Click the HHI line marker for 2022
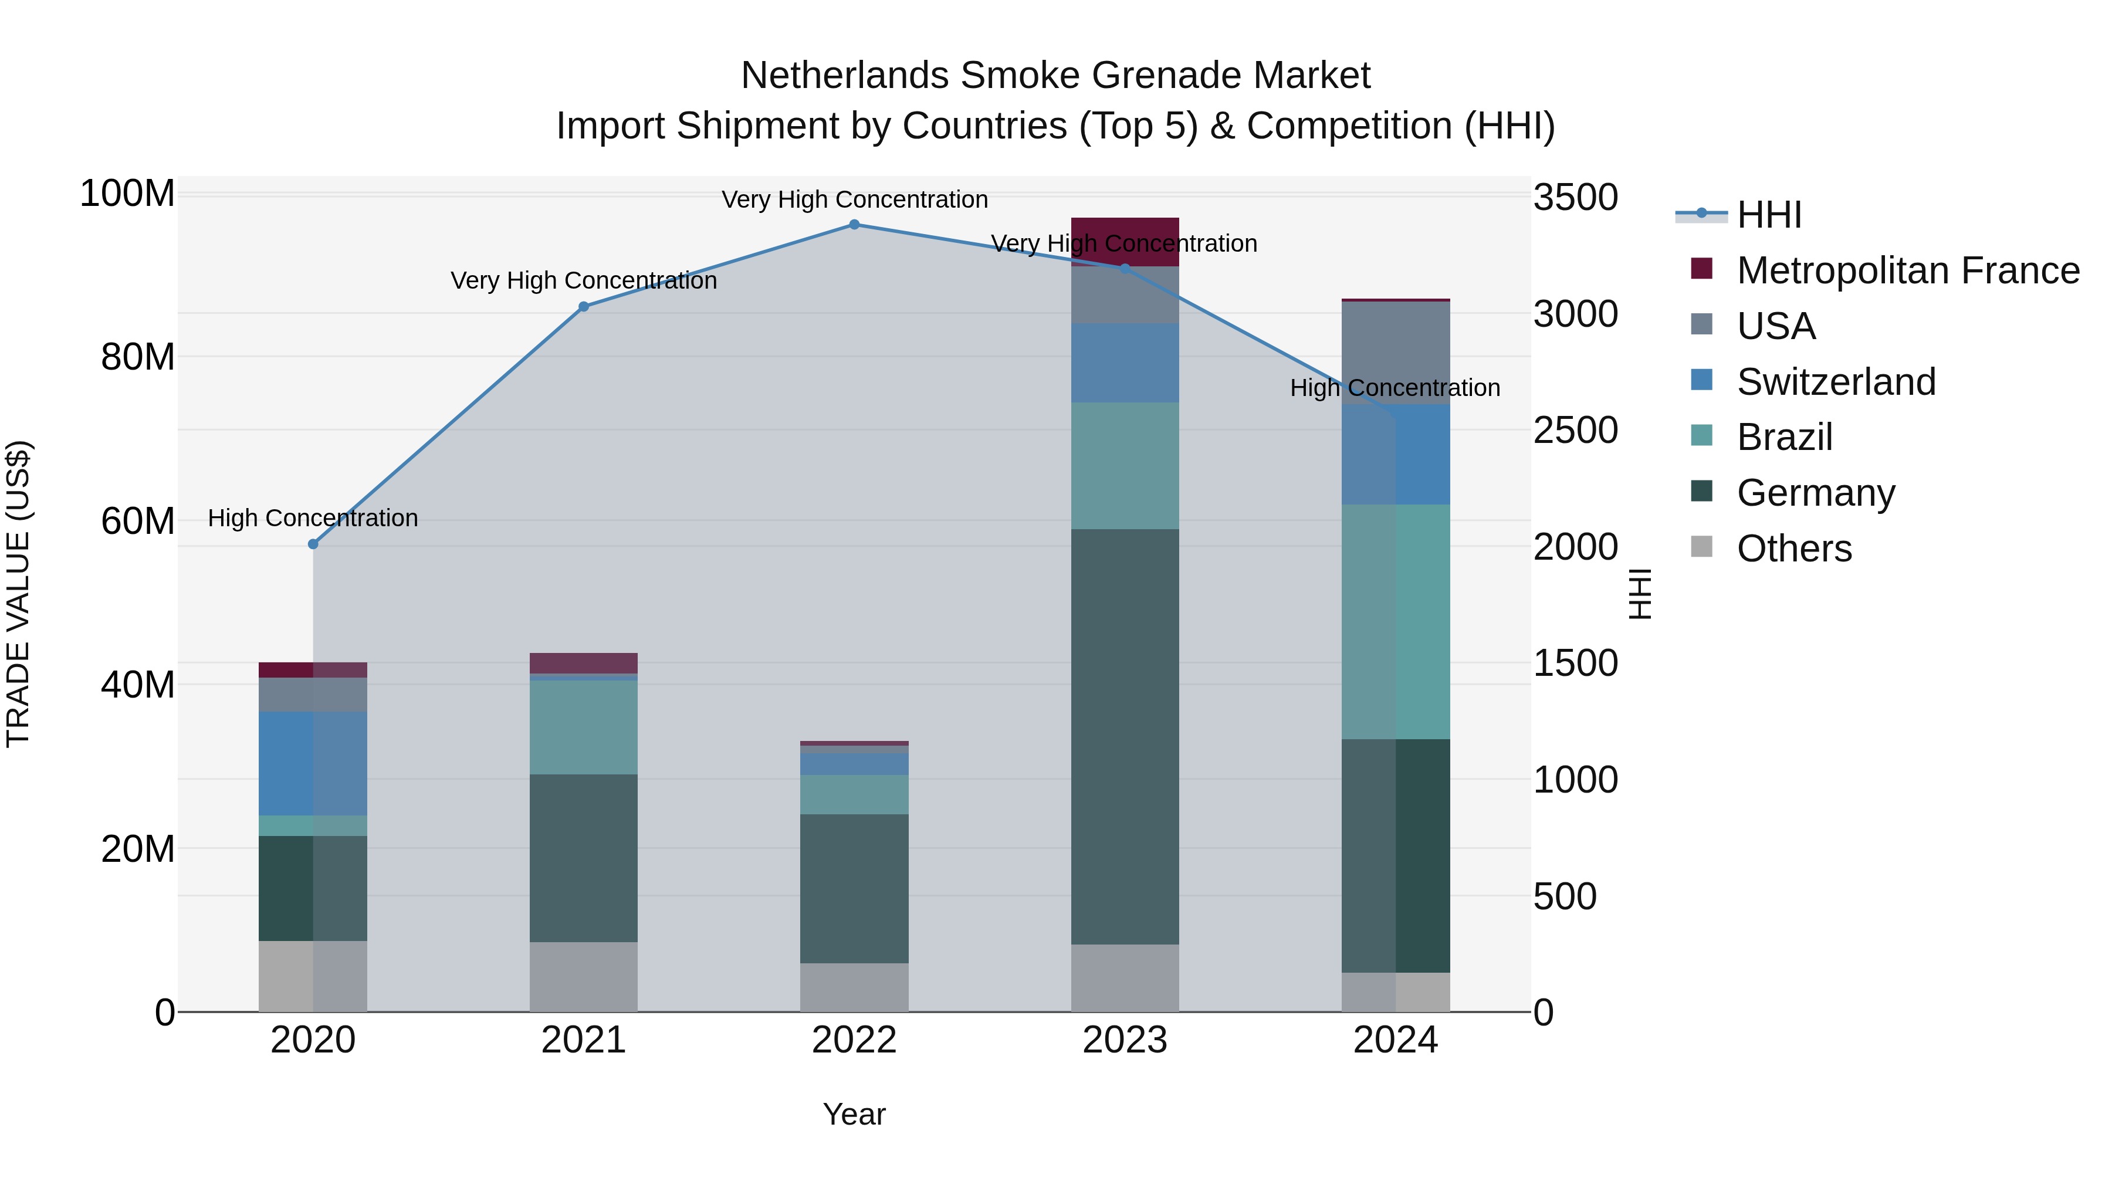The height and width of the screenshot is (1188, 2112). coord(854,225)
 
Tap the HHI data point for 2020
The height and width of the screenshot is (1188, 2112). coord(313,544)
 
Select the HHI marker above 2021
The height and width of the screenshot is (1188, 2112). coord(584,307)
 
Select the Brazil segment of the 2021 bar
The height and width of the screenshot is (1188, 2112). coord(584,727)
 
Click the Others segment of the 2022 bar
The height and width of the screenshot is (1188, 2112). coord(854,987)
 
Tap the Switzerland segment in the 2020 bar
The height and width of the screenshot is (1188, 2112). coord(313,763)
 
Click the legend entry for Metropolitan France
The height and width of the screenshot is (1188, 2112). coord(1908,270)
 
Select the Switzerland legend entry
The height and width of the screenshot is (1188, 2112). coord(1836,382)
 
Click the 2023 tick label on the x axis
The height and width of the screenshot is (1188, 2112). coord(1125,1040)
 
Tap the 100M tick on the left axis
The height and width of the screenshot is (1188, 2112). coord(127,194)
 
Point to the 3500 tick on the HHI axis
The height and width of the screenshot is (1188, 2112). coord(1575,198)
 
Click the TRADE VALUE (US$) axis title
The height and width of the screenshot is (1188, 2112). coord(18,594)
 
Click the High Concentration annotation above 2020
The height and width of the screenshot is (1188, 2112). coord(313,518)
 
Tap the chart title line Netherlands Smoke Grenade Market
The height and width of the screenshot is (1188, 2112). coord(1055,76)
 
